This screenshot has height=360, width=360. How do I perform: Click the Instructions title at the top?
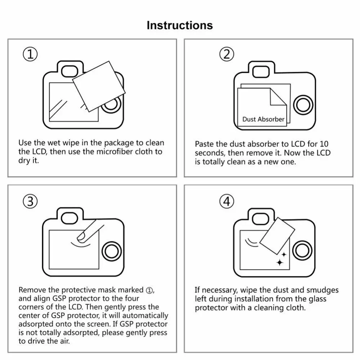[180, 26]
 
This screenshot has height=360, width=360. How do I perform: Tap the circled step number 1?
[30, 54]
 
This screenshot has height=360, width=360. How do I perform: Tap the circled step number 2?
[226, 54]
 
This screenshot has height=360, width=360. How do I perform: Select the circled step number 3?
[30, 202]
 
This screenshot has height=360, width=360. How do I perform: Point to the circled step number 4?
[226, 202]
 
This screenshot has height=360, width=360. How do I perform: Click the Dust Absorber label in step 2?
[263, 119]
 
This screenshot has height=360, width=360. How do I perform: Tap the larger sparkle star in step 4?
[280, 262]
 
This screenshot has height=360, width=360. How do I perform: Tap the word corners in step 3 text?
[32, 307]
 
